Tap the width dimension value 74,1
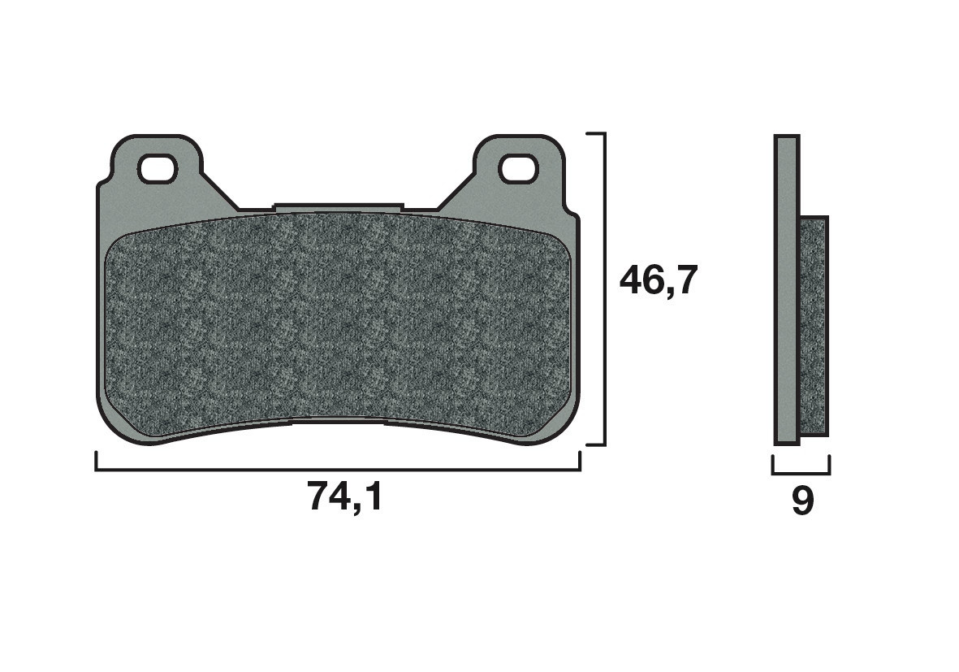pyautogui.click(x=344, y=496)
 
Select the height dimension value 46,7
pyautogui.click(x=659, y=281)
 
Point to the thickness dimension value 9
pyautogui.click(x=801, y=501)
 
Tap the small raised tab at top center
pyautogui.click(x=338, y=208)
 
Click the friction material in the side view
pyautogui.click(x=814, y=325)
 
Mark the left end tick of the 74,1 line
pyautogui.click(x=97, y=461)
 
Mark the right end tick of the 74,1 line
pyautogui.click(x=580, y=461)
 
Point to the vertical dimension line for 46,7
pyautogui.click(x=605, y=288)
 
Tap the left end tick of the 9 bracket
pyautogui.click(x=773, y=464)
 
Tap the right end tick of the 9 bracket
pyautogui.click(x=829, y=464)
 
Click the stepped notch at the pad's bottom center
pyautogui.click(x=338, y=421)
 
